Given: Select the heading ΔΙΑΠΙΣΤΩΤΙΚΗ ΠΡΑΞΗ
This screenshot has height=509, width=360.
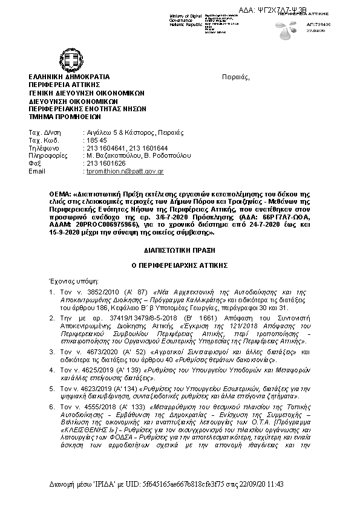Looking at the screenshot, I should [x=179, y=250].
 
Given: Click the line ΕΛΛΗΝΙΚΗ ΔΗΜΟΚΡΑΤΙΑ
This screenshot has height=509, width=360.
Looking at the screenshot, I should [x=69, y=77].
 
